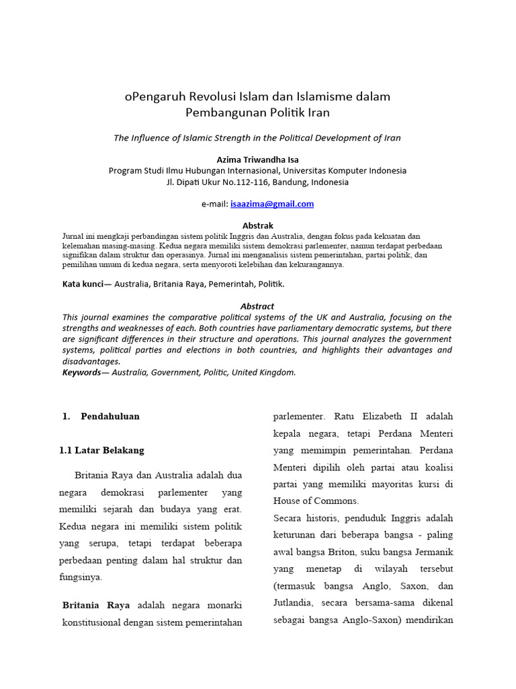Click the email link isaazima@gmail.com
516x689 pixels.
(271, 204)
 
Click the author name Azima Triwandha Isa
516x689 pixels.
(257, 159)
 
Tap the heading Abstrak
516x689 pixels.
(257, 225)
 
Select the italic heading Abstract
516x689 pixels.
(257, 306)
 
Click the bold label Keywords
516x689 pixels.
(81, 372)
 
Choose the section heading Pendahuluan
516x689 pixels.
(110, 416)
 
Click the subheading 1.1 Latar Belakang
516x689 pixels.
(101, 450)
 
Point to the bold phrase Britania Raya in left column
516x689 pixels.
(96, 605)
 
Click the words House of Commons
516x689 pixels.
(316, 501)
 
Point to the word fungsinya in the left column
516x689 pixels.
(81, 577)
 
